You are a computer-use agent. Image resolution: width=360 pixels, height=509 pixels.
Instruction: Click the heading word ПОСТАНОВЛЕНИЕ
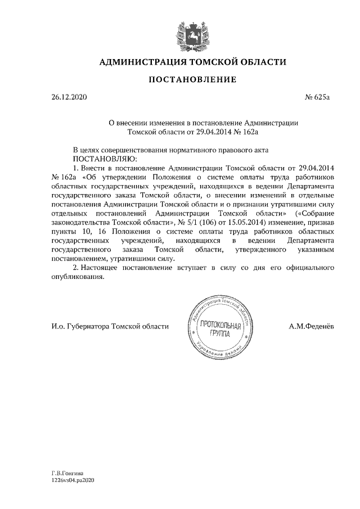(192, 80)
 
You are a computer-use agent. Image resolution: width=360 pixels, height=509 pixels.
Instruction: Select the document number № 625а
(317, 97)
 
